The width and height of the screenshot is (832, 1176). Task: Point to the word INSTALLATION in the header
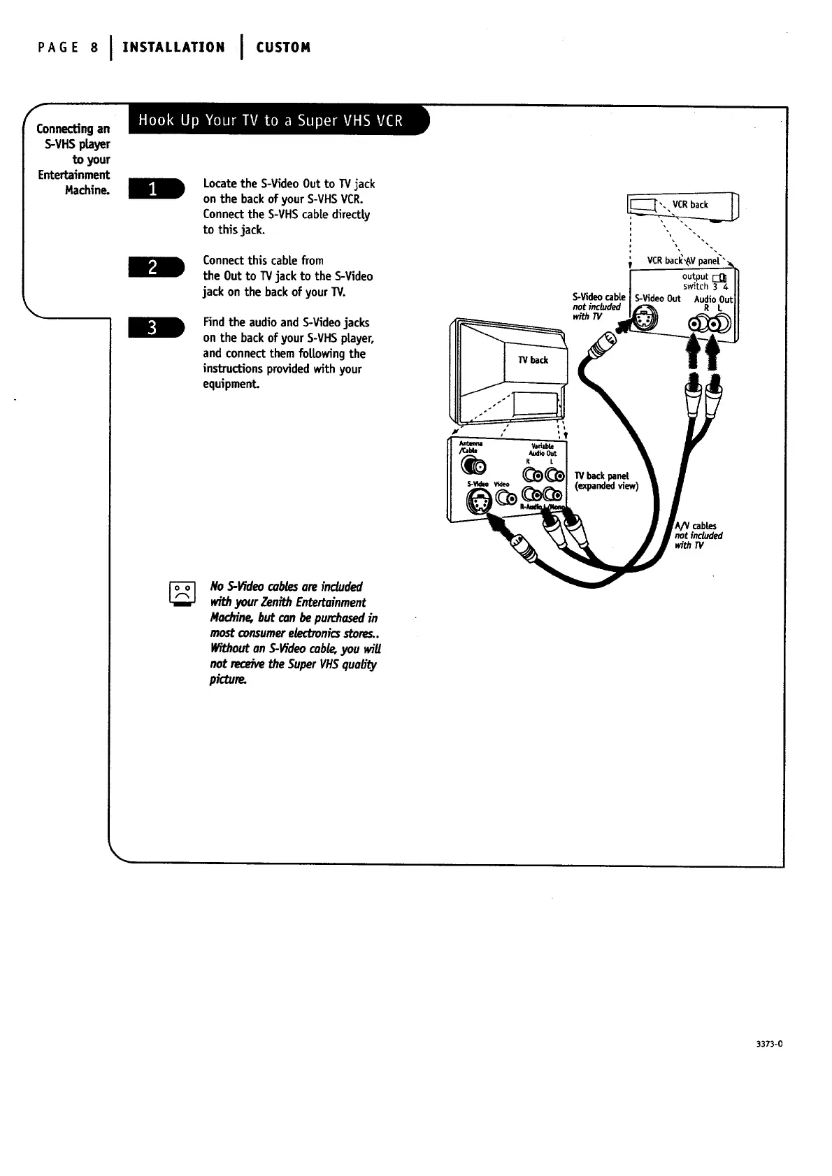tap(173, 48)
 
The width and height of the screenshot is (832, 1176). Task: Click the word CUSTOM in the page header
tap(283, 48)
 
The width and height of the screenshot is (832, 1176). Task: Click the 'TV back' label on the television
tap(533, 360)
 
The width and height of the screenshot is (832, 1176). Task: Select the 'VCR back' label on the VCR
tap(690, 205)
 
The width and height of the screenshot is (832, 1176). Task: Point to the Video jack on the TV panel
tap(505, 498)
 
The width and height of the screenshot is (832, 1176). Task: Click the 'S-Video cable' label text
tap(598, 297)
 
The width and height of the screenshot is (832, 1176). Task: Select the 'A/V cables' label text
tap(696, 526)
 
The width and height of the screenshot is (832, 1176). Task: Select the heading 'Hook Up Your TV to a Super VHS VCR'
tap(271, 120)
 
